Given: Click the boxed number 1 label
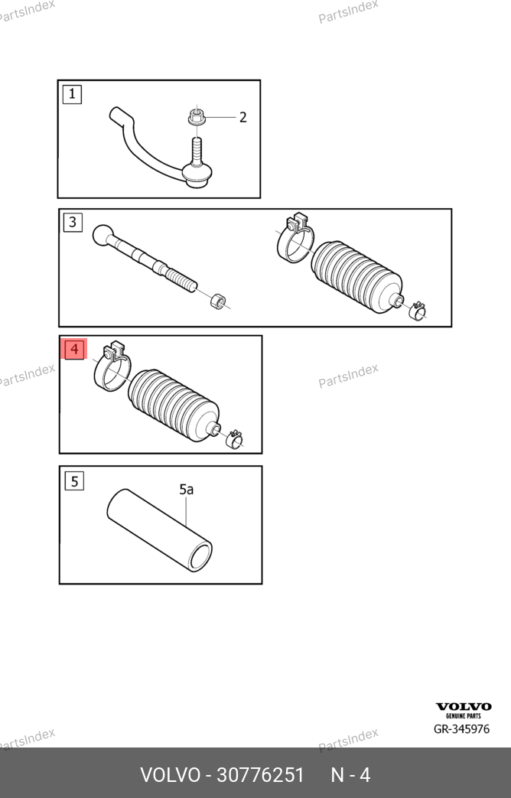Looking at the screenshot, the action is point(72,94).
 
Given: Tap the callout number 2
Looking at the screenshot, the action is point(242,118).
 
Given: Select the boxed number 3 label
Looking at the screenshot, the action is point(73,222).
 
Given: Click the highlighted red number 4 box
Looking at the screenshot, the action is point(74,349).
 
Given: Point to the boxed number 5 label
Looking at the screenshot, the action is point(74,481).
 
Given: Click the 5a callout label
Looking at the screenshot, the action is point(187,490).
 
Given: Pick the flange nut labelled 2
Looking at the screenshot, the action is point(196,116).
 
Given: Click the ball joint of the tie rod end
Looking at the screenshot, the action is point(197,174).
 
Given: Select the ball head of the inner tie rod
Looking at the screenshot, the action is point(103,235).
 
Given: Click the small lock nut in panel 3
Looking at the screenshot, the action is point(218,301).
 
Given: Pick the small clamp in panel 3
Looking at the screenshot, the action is point(418,310).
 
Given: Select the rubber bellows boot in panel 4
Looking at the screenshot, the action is point(174,405).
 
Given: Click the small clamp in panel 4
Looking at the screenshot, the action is point(235,438).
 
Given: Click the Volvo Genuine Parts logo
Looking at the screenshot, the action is point(464,710).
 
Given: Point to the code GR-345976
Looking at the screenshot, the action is point(461,729).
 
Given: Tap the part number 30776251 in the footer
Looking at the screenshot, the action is point(260,775).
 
